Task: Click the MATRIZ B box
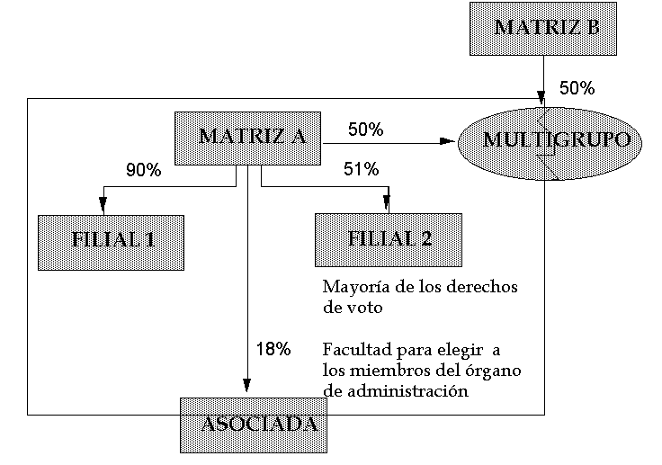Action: (543, 29)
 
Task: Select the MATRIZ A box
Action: (248, 139)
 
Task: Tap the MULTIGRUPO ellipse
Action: (550, 143)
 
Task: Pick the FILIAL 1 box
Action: (111, 243)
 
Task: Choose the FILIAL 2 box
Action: (389, 240)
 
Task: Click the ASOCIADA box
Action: (254, 425)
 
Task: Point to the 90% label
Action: (144, 170)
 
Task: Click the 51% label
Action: (361, 169)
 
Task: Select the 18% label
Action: (273, 349)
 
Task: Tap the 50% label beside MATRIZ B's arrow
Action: (577, 88)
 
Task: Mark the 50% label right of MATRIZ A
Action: (365, 130)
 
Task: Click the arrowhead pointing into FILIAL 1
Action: (103, 205)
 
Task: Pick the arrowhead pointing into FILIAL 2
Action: (387, 202)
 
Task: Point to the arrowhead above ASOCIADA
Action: (247, 385)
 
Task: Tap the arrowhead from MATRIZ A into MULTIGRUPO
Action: (447, 141)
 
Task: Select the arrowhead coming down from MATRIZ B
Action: (541, 97)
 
